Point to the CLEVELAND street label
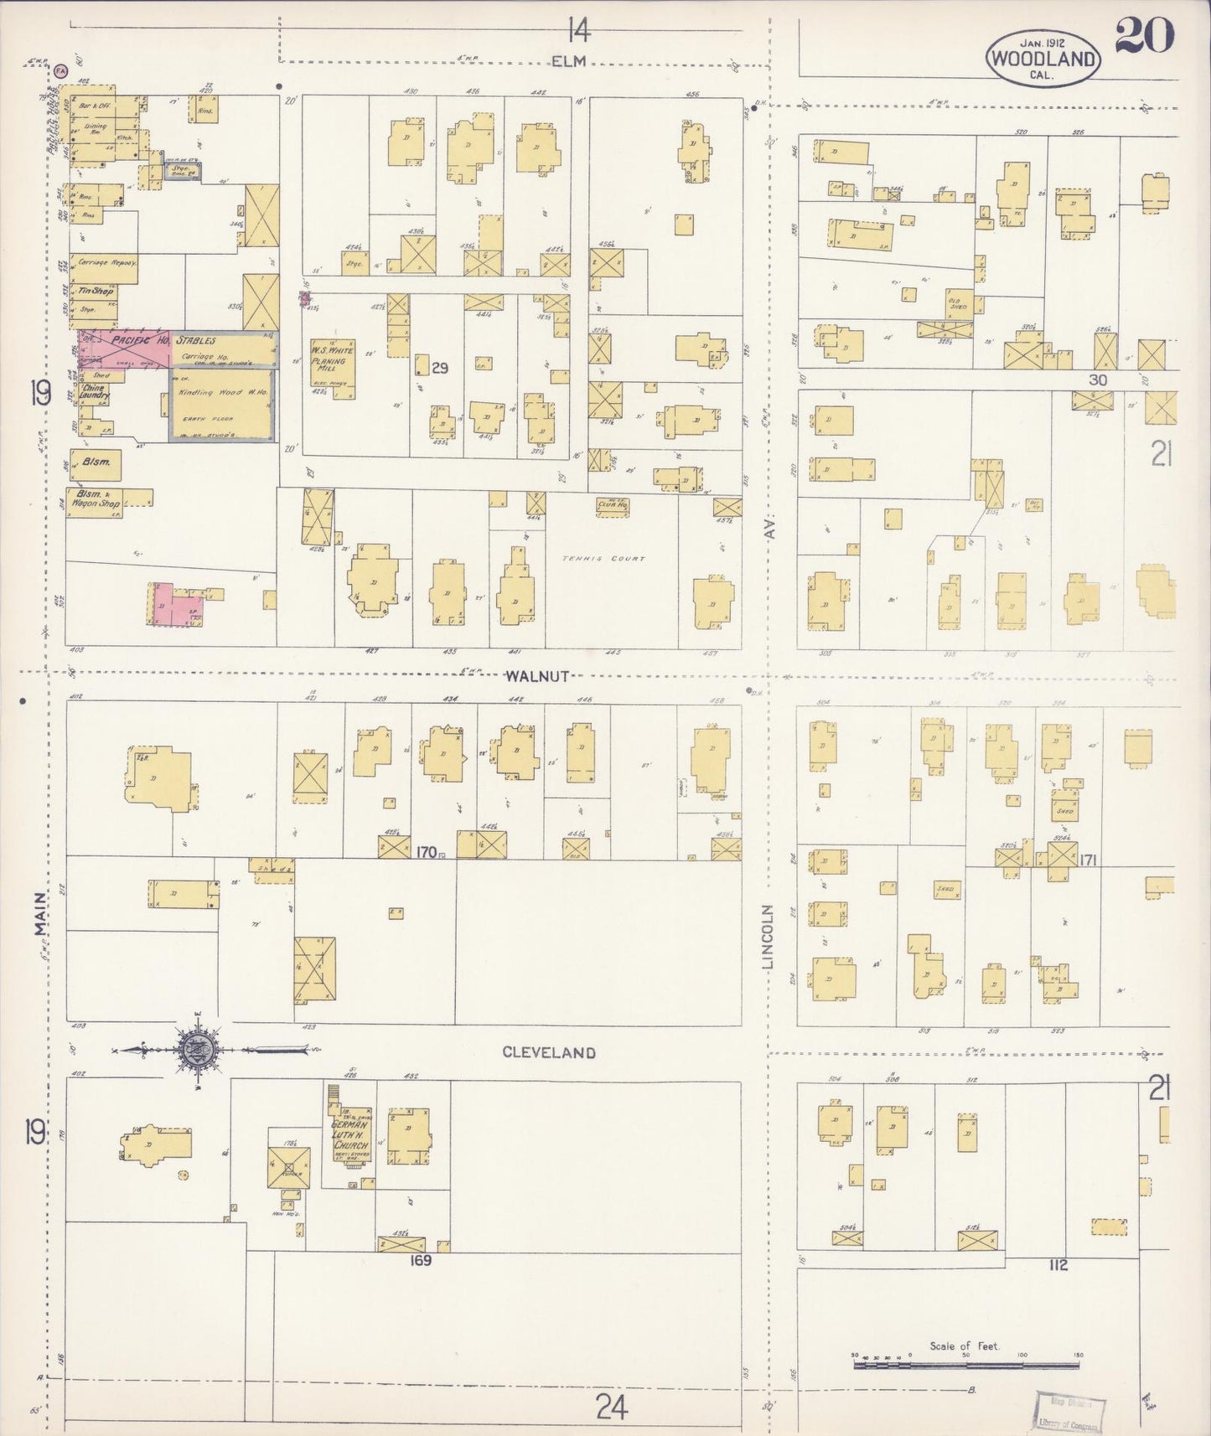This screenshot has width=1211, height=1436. coord(549,1052)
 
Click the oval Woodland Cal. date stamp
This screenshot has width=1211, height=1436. coord(1043,58)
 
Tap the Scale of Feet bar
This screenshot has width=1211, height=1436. coord(967,1365)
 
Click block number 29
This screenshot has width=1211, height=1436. coord(441,368)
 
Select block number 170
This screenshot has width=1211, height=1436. coord(426,852)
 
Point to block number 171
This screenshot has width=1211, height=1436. coord(1089,860)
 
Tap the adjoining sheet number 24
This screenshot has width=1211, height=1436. coord(612,1408)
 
